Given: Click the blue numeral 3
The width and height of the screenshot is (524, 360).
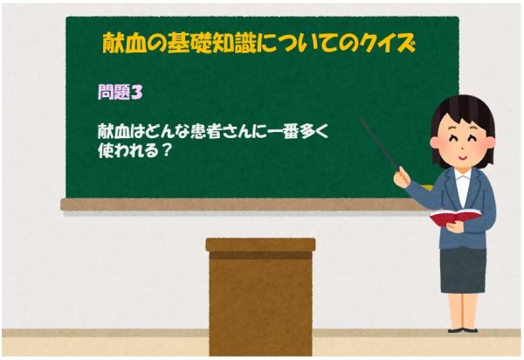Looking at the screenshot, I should click(136, 90).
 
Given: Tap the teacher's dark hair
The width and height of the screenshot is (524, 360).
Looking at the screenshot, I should click(463, 109).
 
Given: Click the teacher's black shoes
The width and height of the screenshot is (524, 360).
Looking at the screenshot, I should click(461, 328).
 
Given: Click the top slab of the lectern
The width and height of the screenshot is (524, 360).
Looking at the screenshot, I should click(260, 245).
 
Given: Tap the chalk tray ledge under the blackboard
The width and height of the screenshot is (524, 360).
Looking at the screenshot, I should click(236, 204).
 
